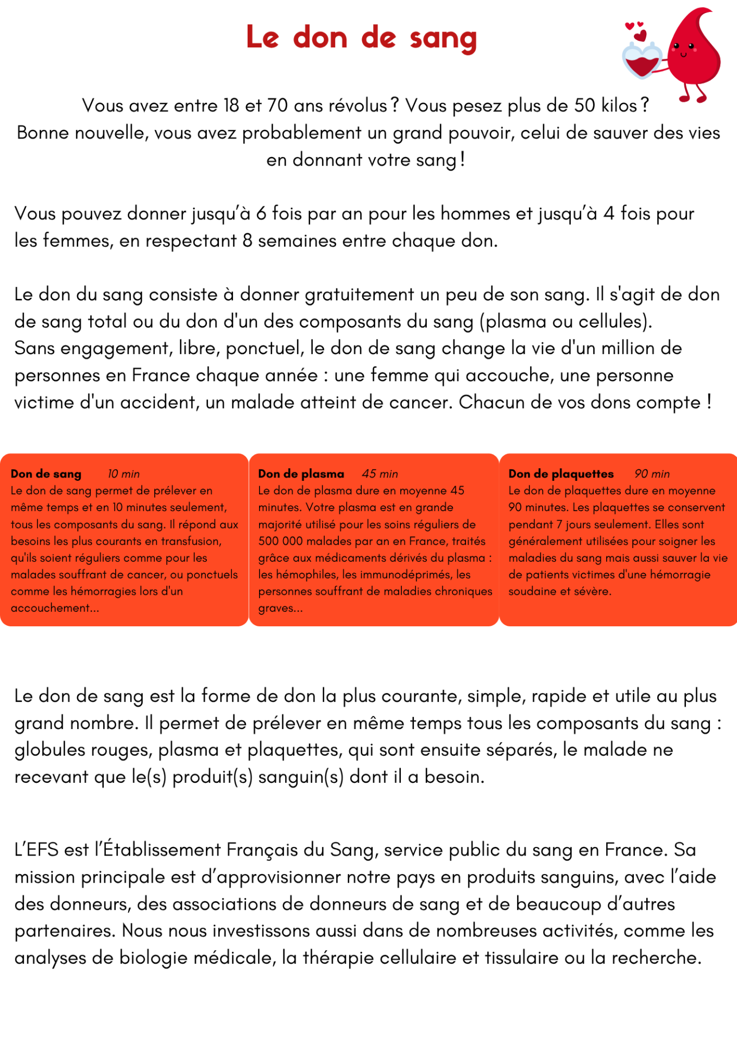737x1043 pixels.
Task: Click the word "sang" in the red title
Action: [443, 39]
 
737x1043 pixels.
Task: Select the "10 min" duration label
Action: [124, 474]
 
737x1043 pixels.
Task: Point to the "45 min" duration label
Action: [380, 474]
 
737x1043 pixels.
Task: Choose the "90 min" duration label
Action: [652, 474]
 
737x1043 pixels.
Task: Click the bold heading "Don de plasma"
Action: [301, 474]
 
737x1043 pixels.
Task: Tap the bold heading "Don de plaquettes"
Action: [561, 474]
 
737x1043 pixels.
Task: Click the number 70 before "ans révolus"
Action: [277, 105]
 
